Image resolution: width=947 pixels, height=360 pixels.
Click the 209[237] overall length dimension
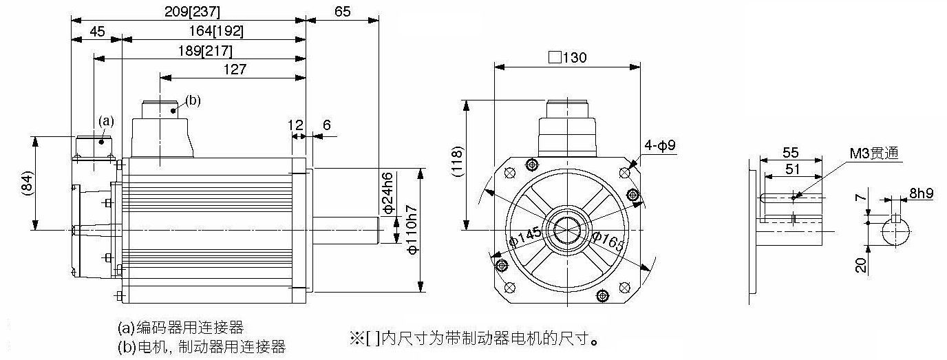[193, 12]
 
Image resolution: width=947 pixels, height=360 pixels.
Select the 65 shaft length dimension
[343, 12]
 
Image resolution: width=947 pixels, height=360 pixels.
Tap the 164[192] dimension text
[215, 31]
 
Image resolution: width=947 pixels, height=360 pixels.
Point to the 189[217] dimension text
[205, 51]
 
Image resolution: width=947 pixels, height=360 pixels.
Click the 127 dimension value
[235, 70]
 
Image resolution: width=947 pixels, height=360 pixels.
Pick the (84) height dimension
[26, 183]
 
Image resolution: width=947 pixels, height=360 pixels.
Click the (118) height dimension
[458, 162]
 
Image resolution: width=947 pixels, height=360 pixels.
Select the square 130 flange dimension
[568, 57]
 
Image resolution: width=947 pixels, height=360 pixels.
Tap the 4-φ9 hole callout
[660, 145]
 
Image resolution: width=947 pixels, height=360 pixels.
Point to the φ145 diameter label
[525, 237]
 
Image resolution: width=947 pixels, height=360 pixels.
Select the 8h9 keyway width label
[922, 193]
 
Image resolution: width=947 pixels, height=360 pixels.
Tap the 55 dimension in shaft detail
[791, 152]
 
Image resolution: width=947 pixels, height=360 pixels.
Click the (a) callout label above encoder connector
[106, 121]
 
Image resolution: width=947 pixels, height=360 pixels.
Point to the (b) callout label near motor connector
[193, 100]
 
